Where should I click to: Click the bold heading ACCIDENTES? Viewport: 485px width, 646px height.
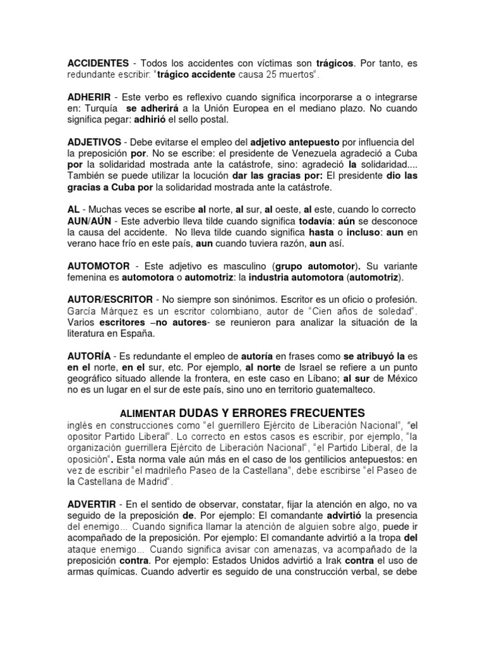pyautogui.click(x=97, y=64)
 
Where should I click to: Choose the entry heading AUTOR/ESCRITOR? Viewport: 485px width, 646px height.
pyautogui.click(x=110, y=299)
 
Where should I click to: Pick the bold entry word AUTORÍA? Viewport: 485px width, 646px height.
pyautogui.click(x=89, y=357)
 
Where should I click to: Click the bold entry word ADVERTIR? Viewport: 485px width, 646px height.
pyautogui.click(x=92, y=505)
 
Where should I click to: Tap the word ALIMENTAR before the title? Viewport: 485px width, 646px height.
pyautogui.click(x=147, y=413)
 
